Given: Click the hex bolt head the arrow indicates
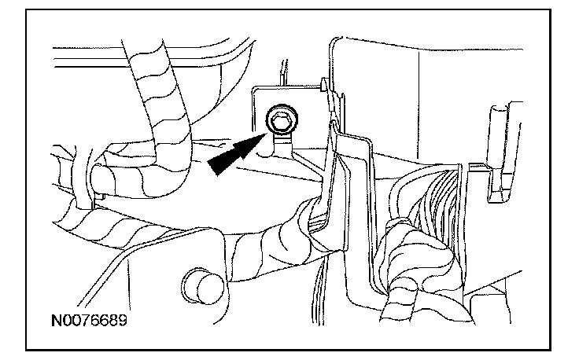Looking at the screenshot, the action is pyautogui.click(x=279, y=119).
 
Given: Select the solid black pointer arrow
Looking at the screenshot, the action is pyautogui.click(x=236, y=152).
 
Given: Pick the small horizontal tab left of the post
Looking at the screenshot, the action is pyautogui.click(x=477, y=166).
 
